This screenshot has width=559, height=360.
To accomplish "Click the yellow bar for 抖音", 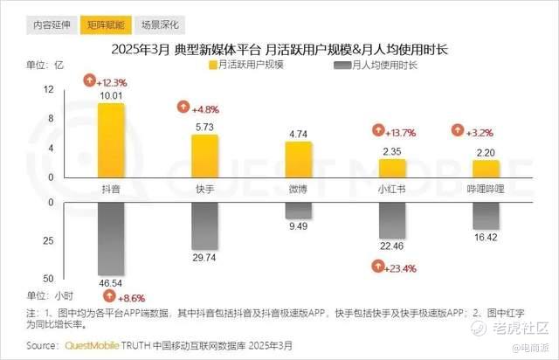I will [x=111, y=140].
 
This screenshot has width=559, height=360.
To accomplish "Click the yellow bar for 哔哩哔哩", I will [x=485, y=168].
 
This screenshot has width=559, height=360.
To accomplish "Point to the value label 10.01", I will [x=111, y=95].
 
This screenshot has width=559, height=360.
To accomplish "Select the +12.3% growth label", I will [x=106, y=81].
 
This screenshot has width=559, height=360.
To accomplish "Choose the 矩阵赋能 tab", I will [x=103, y=24].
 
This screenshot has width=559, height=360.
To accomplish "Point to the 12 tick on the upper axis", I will [x=72, y=89].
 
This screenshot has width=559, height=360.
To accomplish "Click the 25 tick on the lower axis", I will [x=72, y=240].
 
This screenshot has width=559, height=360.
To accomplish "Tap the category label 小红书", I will [x=392, y=188].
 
